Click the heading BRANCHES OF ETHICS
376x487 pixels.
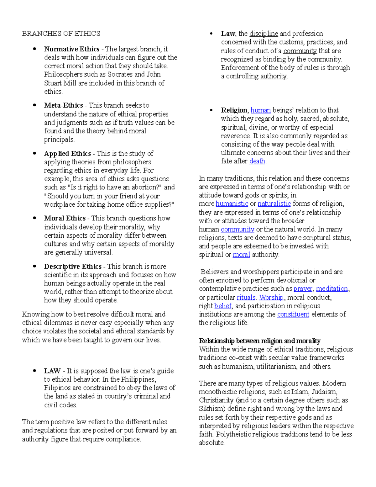[61, 34]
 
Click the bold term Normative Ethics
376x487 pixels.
[71, 49]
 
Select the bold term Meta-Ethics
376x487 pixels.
[63, 105]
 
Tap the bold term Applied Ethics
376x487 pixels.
[67, 154]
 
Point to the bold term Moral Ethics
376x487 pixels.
[65, 218]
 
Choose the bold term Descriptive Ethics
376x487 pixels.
[73, 267]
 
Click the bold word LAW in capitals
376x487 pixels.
[52, 371]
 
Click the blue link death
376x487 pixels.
[257, 161]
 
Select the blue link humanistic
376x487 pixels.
[232, 204]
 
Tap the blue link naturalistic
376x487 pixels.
[274, 204]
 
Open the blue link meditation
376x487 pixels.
[332, 289]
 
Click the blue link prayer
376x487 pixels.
[303, 289]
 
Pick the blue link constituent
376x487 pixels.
[293, 314]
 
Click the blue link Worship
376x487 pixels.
[271, 297]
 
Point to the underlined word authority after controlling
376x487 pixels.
[273, 76]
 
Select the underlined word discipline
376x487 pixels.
[264, 34]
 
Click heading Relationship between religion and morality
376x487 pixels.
[259, 341]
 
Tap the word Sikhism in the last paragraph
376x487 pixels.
[212, 409]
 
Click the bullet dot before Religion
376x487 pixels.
[211, 110]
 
